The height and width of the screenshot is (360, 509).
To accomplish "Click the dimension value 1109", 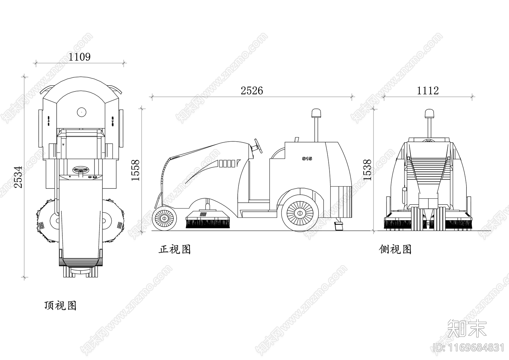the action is coord(79,57).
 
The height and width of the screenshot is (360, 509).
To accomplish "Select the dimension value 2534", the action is coord(18,177).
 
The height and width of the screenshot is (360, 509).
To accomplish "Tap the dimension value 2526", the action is coord(252,91).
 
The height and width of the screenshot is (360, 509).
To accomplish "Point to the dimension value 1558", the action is coord(136,170).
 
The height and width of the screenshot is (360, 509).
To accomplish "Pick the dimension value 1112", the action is coord(428,91).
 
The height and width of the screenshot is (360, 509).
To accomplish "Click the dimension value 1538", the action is coord(367,170).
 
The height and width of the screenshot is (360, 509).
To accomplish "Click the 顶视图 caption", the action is coord(60,306).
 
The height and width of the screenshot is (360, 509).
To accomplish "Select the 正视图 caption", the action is coord(175,250).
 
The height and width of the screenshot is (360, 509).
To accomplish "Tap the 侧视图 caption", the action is coord(395,250).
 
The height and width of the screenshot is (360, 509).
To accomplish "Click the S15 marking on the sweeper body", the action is coord(307,159).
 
